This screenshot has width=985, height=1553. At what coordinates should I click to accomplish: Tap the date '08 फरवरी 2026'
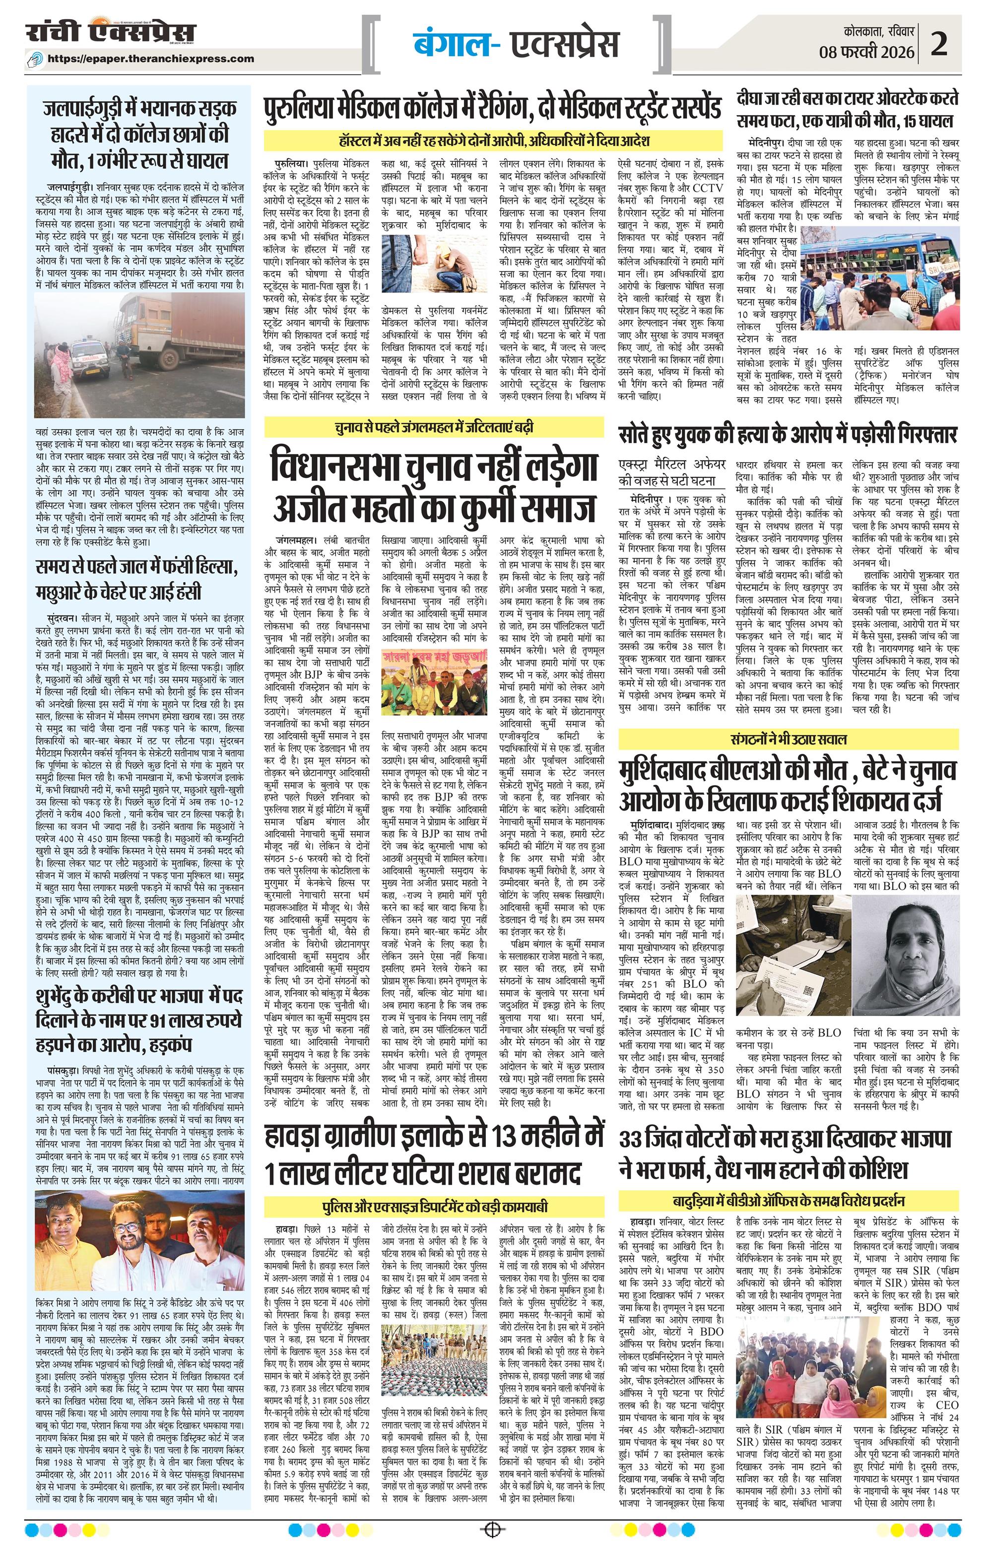pos(867,52)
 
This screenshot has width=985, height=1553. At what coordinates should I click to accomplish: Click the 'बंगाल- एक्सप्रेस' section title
pos(516,44)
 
